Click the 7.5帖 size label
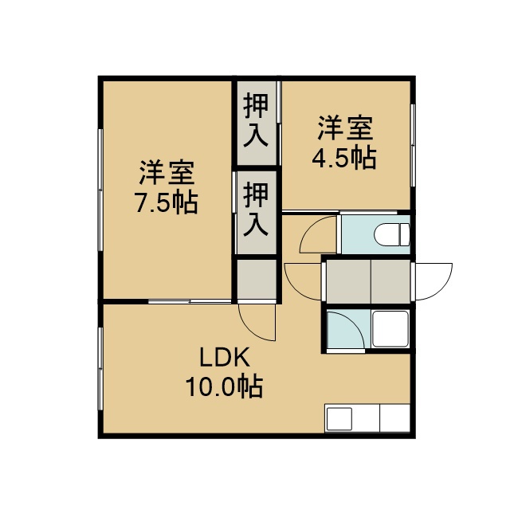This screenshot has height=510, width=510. pyautogui.click(x=167, y=203)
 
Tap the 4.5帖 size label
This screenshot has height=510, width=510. pyautogui.click(x=344, y=158)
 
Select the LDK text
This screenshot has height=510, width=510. pyautogui.click(x=225, y=357)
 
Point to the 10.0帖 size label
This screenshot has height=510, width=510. pyautogui.click(x=224, y=386)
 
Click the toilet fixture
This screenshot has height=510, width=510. pyautogui.click(x=391, y=234)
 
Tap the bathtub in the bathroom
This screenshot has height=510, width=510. pyautogui.click(x=390, y=329)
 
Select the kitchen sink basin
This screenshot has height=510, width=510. pyautogui.click(x=339, y=419)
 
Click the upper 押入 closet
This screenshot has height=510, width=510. pyautogui.click(x=257, y=123)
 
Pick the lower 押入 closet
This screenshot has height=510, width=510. pyautogui.click(x=257, y=212)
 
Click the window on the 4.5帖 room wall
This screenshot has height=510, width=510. pyautogui.click(x=413, y=145)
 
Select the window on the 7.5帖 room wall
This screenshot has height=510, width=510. pyautogui.click(x=100, y=190)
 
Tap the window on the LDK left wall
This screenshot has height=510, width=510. pyautogui.click(x=100, y=368)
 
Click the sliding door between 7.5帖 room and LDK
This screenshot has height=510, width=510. pyautogui.click(x=190, y=301)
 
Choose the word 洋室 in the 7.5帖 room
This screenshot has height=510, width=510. pyautogui.click(x=167, y=172)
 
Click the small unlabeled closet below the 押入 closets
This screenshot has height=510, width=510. pyautogui.click(x=257, y=279)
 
